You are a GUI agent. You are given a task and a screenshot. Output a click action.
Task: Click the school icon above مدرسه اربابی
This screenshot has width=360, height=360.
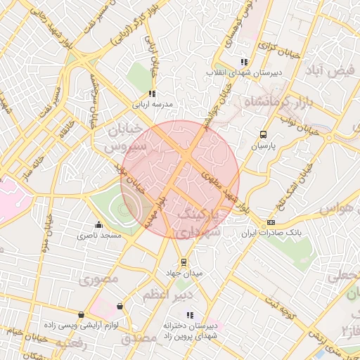pyautogui.click(x=151, y=94)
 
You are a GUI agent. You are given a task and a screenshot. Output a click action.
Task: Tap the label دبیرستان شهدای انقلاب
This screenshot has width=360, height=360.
pyautogui.click(x=244, y=72)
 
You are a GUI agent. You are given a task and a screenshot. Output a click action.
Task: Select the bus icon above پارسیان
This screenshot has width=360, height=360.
pyautogui.click(x=263, y=134)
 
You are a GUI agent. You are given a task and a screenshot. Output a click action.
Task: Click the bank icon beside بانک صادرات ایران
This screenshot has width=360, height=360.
pyautogui.click(x=271, y=222)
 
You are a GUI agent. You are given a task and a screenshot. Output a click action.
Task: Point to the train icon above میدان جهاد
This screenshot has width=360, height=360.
pyautogui.click(x=184, y=262)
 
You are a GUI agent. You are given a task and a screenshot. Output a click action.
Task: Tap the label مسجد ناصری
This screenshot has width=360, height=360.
pyautogui.click(x=99, y=236)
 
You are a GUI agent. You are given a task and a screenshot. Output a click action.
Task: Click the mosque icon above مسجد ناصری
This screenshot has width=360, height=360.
pyautogui.click(x=98, y=226)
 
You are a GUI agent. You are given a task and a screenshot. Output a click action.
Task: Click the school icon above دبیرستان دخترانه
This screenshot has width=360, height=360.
pyautogui.click(x=189, y=315)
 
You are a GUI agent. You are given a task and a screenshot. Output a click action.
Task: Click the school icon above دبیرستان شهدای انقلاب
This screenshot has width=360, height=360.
pyautogui.click(x=244, y=62)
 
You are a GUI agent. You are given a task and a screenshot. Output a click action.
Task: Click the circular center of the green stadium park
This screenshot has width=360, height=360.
pyautogui.click(x=125, y=208)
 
